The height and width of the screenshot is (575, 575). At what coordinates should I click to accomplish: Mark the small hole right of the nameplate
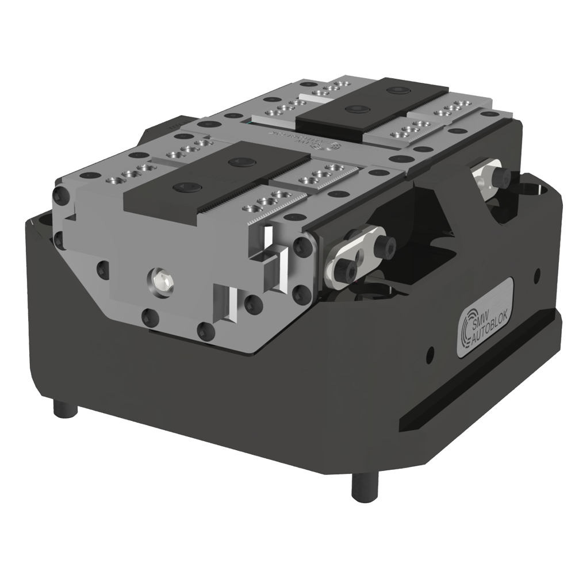pyautogui.click(x=536, y=274)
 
